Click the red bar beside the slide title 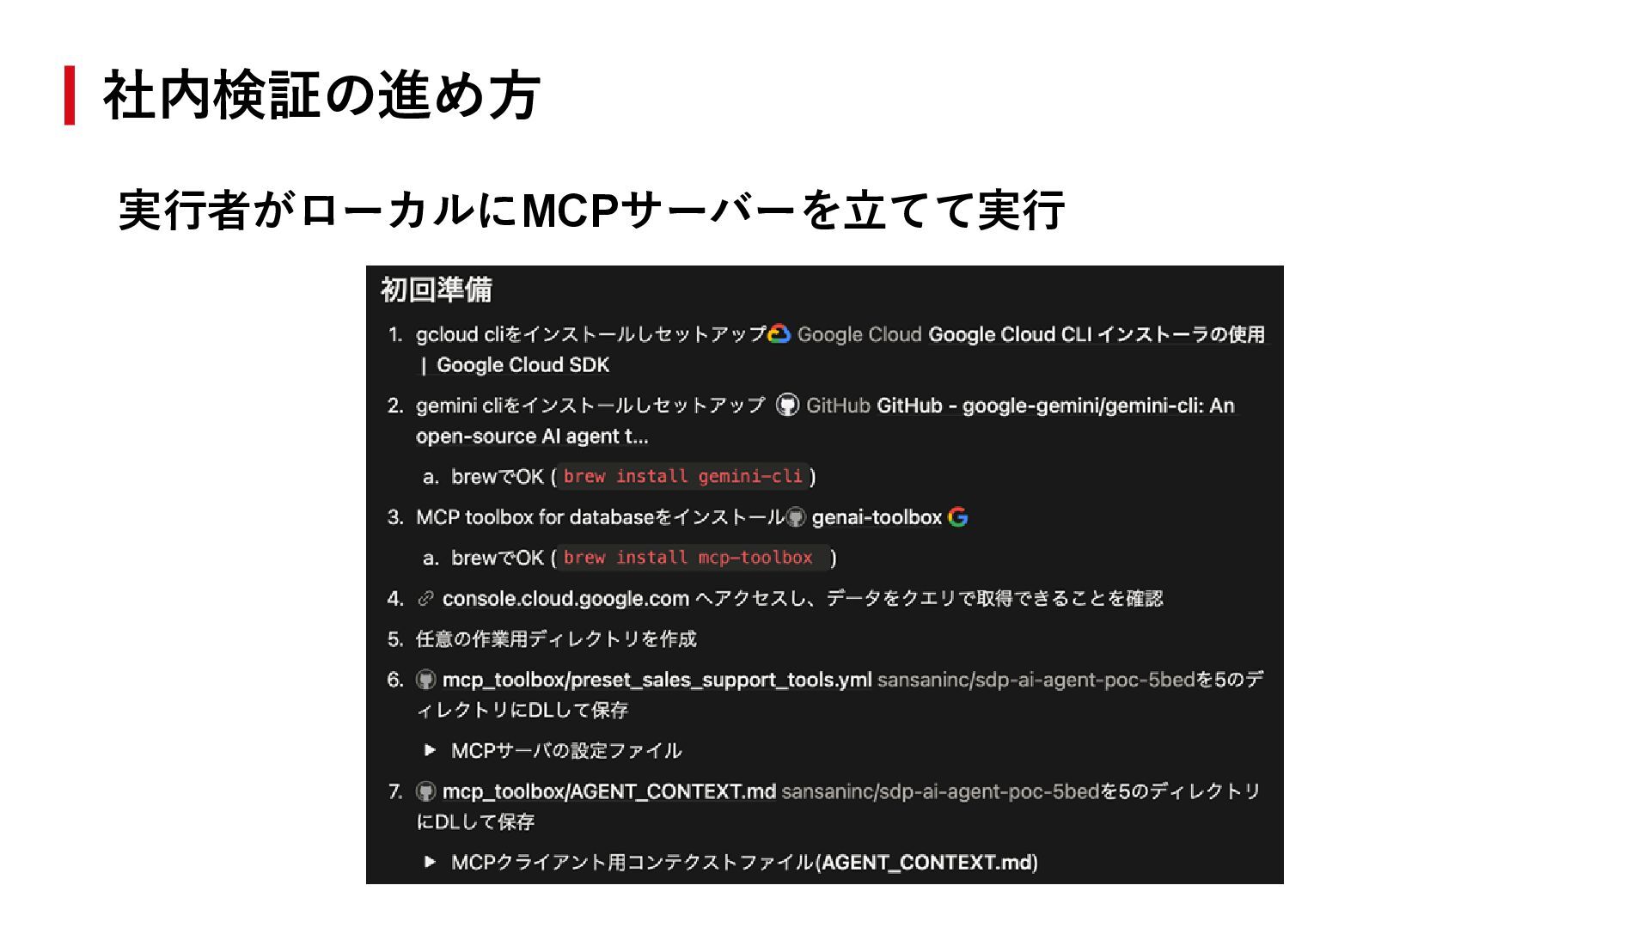[x=70, y=95]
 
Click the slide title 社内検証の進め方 [x=321, y=95]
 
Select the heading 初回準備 [x=437, y=290]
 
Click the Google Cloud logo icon [x=779, y=334]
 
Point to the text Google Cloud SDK [x=522, y=365]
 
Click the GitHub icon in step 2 [x=787, y=406]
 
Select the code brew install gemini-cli [x=683, y=476]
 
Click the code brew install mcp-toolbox [x=688, y=558]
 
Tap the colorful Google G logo [x=957, y=517]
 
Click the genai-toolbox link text [x=877, y=517]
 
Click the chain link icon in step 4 [x=425, y=599]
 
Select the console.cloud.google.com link [x=565, y=599]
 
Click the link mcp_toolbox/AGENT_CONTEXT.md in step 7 [x=608, y=791]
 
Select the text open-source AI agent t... [x=531, y=437]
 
